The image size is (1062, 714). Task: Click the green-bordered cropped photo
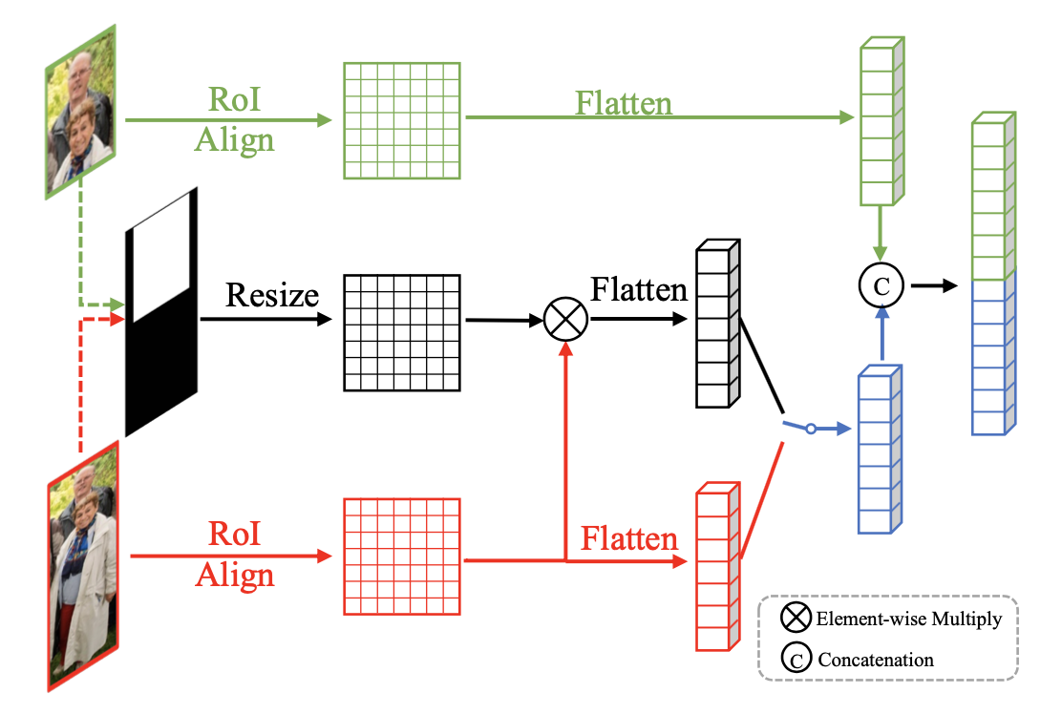pyautogui.click(x=80, y=113)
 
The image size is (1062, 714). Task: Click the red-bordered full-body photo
pyautogui.click(x=84, y=565)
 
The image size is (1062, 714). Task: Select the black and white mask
pyautogui.click(x=161, y=312)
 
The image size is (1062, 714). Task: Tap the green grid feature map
pyautogui.click(x=401, y=120)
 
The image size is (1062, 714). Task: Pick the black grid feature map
pyautogui.click(x=401, y=332)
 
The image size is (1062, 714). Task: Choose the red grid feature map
pyautogui.click(x=401, y=556)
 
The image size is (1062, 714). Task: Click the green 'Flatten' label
pyautogui.click(x=624, y=103)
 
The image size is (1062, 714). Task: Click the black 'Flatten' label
pyautogui.click(x=639, y=288)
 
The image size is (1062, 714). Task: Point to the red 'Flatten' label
pyautogui.click(x=629, y=539)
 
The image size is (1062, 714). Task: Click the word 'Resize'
pyautogui.click(x=271, y=294)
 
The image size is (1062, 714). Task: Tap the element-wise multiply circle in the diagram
pyautogui.click(x=563, y=321)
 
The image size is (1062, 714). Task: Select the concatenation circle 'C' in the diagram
pyautogui.click(x=881, y=284)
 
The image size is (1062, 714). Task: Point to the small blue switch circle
pyautogui.click(x=810, y=430)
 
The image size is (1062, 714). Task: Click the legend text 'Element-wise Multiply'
pyautogui.click(x=908, y=619)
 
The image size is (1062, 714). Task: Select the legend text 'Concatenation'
pyautogui.click(x=876, y=659)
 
